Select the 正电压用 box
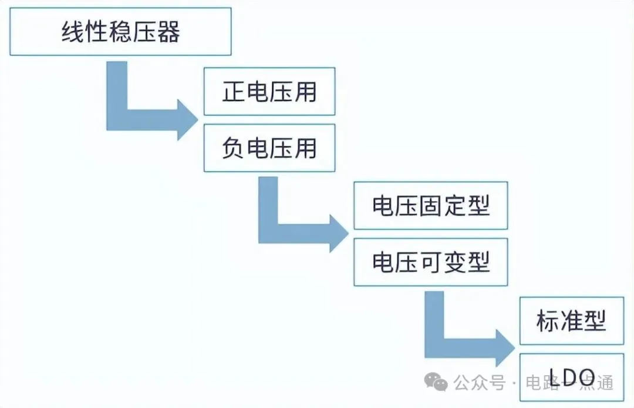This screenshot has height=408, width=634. click(269, 92)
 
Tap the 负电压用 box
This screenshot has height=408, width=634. click(269, 148)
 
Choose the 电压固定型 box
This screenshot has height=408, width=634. click(430, 206)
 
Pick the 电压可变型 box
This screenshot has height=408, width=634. click(430, 262)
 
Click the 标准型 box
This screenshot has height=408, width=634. click(571, 321)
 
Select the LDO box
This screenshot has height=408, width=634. click(571, 376)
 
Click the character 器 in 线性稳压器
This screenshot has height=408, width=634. click(168, 33)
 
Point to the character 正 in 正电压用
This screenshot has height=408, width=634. click(234, 92)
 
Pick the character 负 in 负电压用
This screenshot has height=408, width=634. click(234, 148)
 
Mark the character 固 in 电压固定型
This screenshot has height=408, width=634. click(430, 206)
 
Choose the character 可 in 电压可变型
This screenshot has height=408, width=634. click(430, 262)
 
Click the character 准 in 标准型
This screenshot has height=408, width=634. click(571, 321)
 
